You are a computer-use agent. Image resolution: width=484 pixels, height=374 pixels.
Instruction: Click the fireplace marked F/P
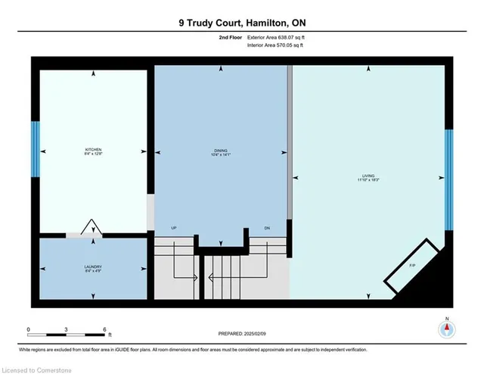coord(412,266)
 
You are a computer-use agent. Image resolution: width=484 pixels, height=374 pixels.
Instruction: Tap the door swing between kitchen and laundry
coord(92,228)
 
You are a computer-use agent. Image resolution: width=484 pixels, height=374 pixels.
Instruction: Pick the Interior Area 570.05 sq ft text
coord(278,45)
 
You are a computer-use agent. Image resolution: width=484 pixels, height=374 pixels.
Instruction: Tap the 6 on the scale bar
coord(104,329)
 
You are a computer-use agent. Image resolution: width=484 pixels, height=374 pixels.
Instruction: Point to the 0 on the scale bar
coord(28,329)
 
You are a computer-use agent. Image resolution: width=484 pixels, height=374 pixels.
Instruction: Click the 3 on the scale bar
coord(67,329)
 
